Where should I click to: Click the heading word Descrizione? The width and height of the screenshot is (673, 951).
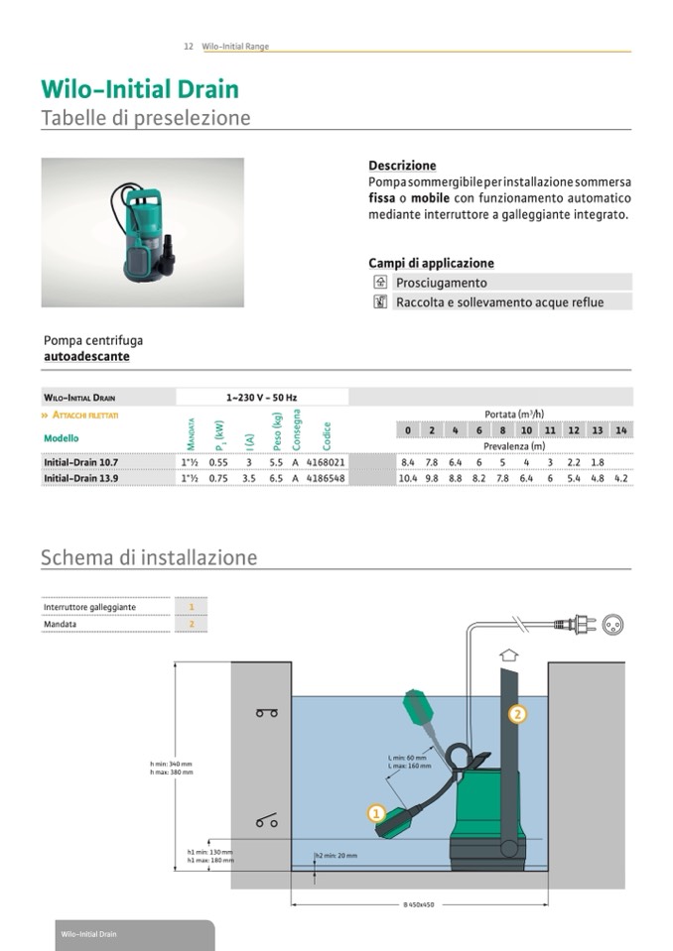pos(402,166)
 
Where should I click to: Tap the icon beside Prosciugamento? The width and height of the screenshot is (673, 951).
pos(379,283)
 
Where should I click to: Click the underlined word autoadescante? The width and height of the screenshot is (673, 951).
pos(86,356)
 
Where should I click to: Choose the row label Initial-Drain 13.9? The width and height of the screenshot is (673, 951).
pos(80,478)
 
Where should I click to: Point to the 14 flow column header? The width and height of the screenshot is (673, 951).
pos(620,430)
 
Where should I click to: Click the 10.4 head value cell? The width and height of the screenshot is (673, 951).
pos(407,478)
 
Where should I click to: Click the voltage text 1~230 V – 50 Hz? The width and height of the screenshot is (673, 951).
pos(261,398)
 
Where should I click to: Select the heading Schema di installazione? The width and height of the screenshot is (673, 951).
pos(149,557)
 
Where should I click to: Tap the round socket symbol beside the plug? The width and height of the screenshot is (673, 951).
pos(612,625)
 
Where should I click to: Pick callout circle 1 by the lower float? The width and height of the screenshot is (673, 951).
pos(376,813)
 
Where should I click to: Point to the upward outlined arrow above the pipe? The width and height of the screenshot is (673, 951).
pos(510,654)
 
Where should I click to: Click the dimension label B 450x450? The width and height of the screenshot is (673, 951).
pos(420,905)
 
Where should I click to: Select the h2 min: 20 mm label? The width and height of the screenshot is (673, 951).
pos(336,855)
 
